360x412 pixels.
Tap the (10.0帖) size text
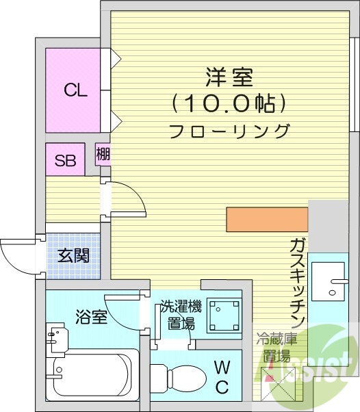(227, 103)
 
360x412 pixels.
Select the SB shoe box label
(65, 161)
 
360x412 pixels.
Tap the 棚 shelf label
(103, 155)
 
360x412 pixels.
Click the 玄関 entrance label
(73, 256)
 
